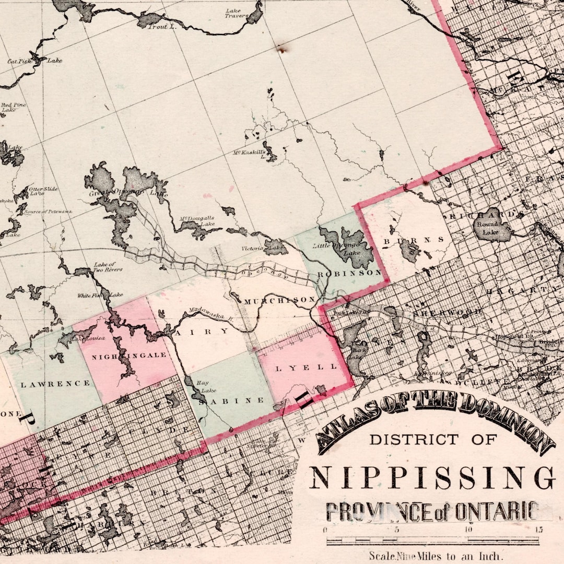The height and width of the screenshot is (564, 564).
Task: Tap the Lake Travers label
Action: coord(237,13)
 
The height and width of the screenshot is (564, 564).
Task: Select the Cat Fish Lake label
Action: coord(34,61)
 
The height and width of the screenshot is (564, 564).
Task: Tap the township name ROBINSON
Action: coord(349,273)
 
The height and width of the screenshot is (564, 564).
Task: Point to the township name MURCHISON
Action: coord(279,301)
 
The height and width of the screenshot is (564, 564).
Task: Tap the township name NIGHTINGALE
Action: coord(129,356)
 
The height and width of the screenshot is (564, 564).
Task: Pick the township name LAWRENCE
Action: coord(55,384)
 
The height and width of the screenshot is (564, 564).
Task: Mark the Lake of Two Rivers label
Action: coord(108,267)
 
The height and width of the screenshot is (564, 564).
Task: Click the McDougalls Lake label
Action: coord(197,221)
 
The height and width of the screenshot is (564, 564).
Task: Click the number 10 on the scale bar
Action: coord(469,530)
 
